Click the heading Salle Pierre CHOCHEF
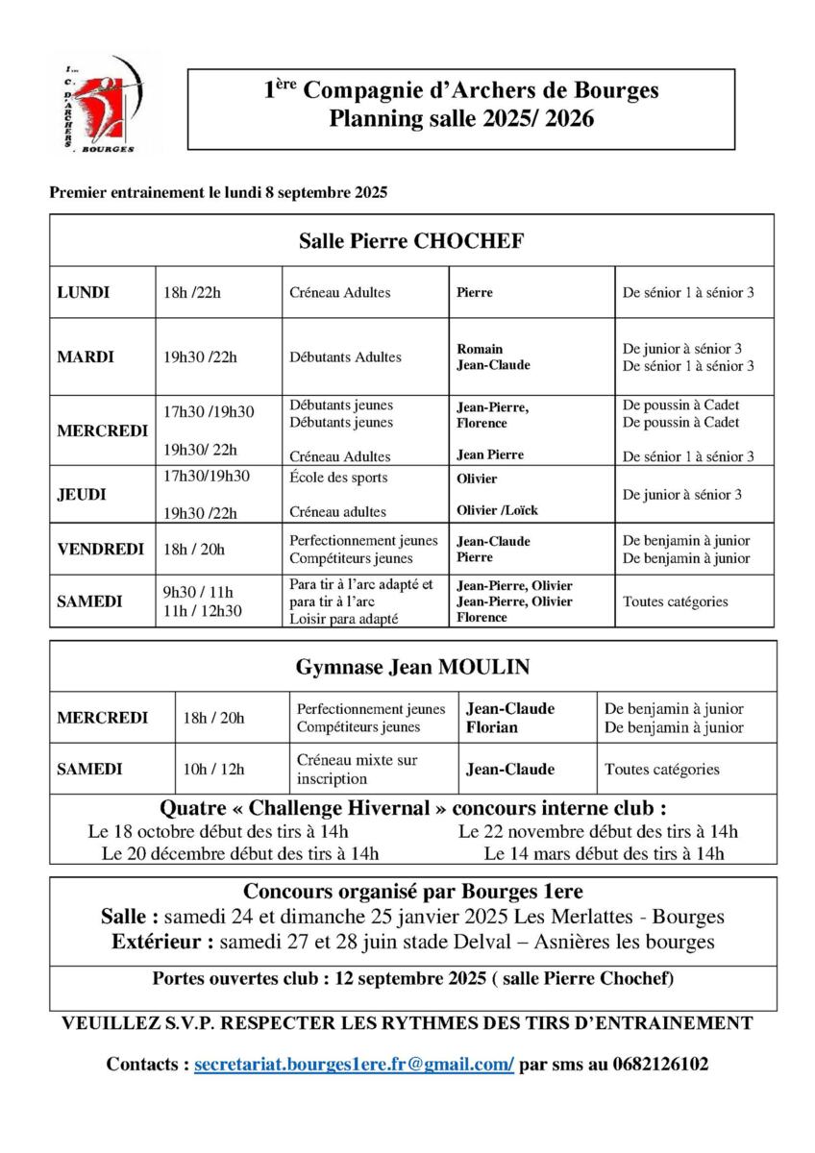(x=411, y=240)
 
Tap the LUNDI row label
(x=84, y=292)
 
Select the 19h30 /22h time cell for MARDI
(x=200, y=357)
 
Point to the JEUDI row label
(x=82, y=494)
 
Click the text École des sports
(x=338, y=477)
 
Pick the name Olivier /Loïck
(x=495, y=512)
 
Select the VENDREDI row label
(x=101, y=550)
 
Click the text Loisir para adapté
(x=344, y=620)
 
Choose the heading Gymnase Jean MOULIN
(x=412, y=667)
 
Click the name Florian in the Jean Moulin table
(x=492, y=727)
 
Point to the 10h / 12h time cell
(x=213, y=769)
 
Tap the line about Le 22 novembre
(x=598, y=831)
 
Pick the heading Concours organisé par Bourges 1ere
(x=412, y=891)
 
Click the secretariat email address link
(x=354, y=1065)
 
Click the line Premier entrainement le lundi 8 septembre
(x=218, y=191)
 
